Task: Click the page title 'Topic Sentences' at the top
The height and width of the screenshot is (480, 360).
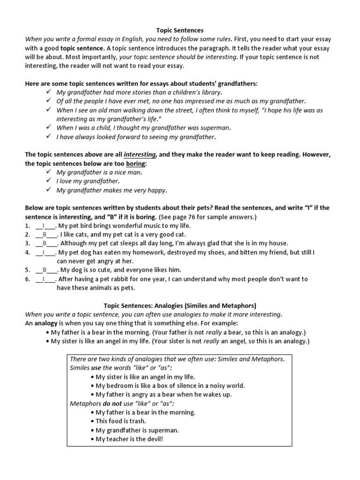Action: tap(180, 30)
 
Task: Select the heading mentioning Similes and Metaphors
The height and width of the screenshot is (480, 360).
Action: tap(180, 306)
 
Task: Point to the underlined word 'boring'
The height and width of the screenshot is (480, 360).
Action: tap(135, 164)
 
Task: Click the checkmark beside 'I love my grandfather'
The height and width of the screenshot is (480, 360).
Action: tap(49, 181)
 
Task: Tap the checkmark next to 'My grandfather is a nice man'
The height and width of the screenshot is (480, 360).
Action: tap(49, 172)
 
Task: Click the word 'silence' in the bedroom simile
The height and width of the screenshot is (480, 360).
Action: tap(174, 386)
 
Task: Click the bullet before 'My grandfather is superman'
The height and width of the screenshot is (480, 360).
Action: tap(92, 430)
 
